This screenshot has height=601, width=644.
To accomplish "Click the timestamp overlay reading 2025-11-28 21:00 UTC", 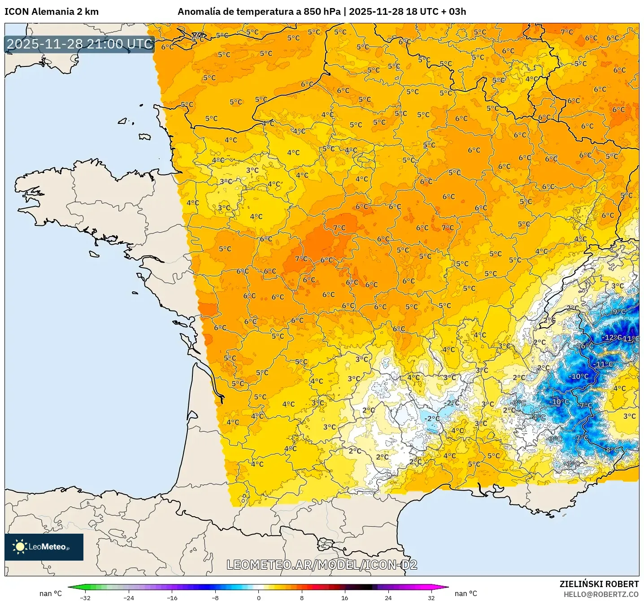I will (x=80, y=44).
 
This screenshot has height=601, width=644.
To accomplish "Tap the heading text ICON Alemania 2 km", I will (x=52, y=12).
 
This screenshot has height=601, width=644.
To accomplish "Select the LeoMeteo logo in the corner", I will (x=44, y=547).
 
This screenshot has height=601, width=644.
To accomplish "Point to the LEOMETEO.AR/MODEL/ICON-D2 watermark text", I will (x=322, y=565).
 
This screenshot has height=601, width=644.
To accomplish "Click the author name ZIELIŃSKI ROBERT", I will (x=599, y=584).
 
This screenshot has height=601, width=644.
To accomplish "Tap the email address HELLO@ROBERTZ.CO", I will (x=601, y=594).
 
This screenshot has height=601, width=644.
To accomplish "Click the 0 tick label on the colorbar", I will (x=258, y=597).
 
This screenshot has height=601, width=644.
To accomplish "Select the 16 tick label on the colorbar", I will (x=344, y=597).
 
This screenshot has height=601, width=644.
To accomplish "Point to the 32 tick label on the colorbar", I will (x=431, y=597).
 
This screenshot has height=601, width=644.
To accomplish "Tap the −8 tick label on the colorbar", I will (x=215, y=597).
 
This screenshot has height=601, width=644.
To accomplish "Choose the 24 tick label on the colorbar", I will (x=388, y=597).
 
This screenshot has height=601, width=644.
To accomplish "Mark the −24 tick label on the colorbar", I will (x=128, y=597).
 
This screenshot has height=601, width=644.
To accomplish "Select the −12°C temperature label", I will (x=612, y=337).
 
